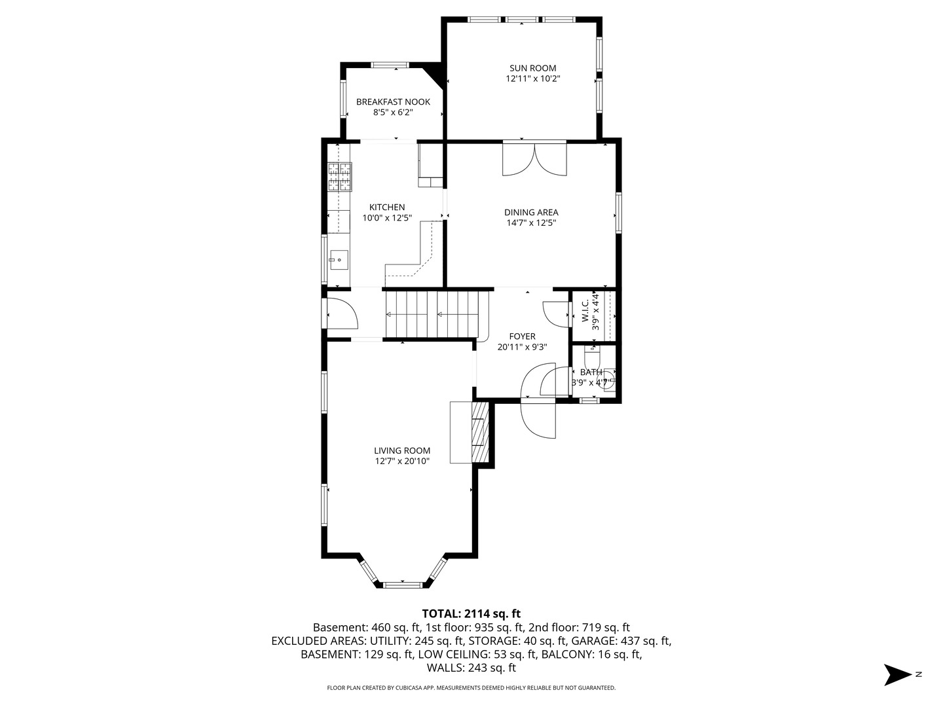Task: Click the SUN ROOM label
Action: tap(532, 67)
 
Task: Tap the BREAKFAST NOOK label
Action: tap(393, 101)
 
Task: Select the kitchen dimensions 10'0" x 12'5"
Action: tap(387, 218)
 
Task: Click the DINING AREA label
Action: tap(531, 212)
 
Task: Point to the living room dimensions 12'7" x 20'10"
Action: tap(402, 461)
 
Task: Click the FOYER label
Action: tap(522, 336)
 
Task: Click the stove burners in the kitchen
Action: tap(340, 176)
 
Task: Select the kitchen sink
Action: tap(339, 260)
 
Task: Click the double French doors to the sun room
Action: tap(534, 159)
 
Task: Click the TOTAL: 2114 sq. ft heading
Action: tap(471, 613)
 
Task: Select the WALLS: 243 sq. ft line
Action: tap(471, 668)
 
